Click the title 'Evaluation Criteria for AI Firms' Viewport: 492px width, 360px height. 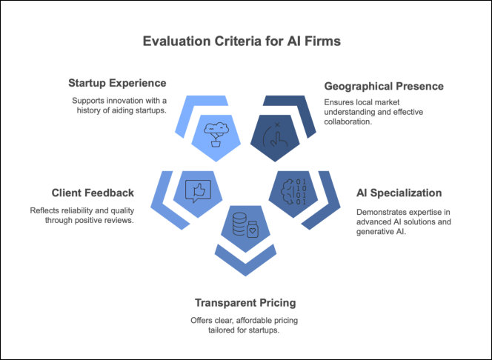(x=242, y=41)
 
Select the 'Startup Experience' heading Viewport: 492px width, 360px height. (x=117, y=82)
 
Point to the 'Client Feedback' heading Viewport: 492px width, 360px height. (x=93, y=193)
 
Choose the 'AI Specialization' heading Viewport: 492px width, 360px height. (x=399, y=193)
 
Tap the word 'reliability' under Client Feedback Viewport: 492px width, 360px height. (x=79, y=210)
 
